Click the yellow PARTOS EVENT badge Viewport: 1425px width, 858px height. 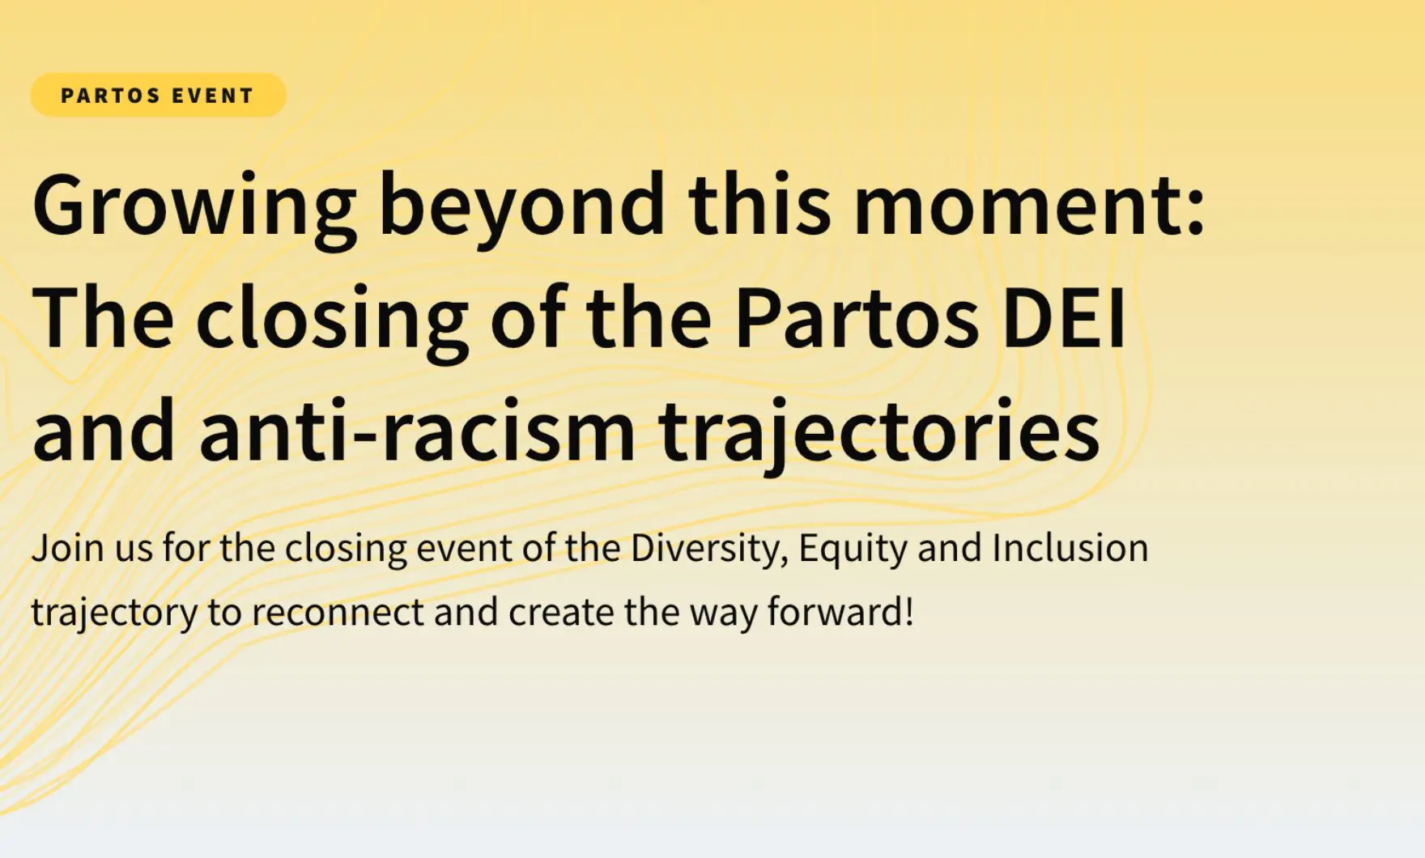tap(158, 96)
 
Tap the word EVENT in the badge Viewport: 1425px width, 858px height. tap(213, 96)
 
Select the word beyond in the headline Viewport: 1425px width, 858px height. tap(521, 207)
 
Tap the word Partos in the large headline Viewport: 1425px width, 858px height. tap(857, 318)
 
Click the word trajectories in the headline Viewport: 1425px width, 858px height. tap(879, 433)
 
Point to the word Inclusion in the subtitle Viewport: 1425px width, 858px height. tap(1070, 548)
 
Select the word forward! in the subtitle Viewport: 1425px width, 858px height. tap(840, 611)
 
